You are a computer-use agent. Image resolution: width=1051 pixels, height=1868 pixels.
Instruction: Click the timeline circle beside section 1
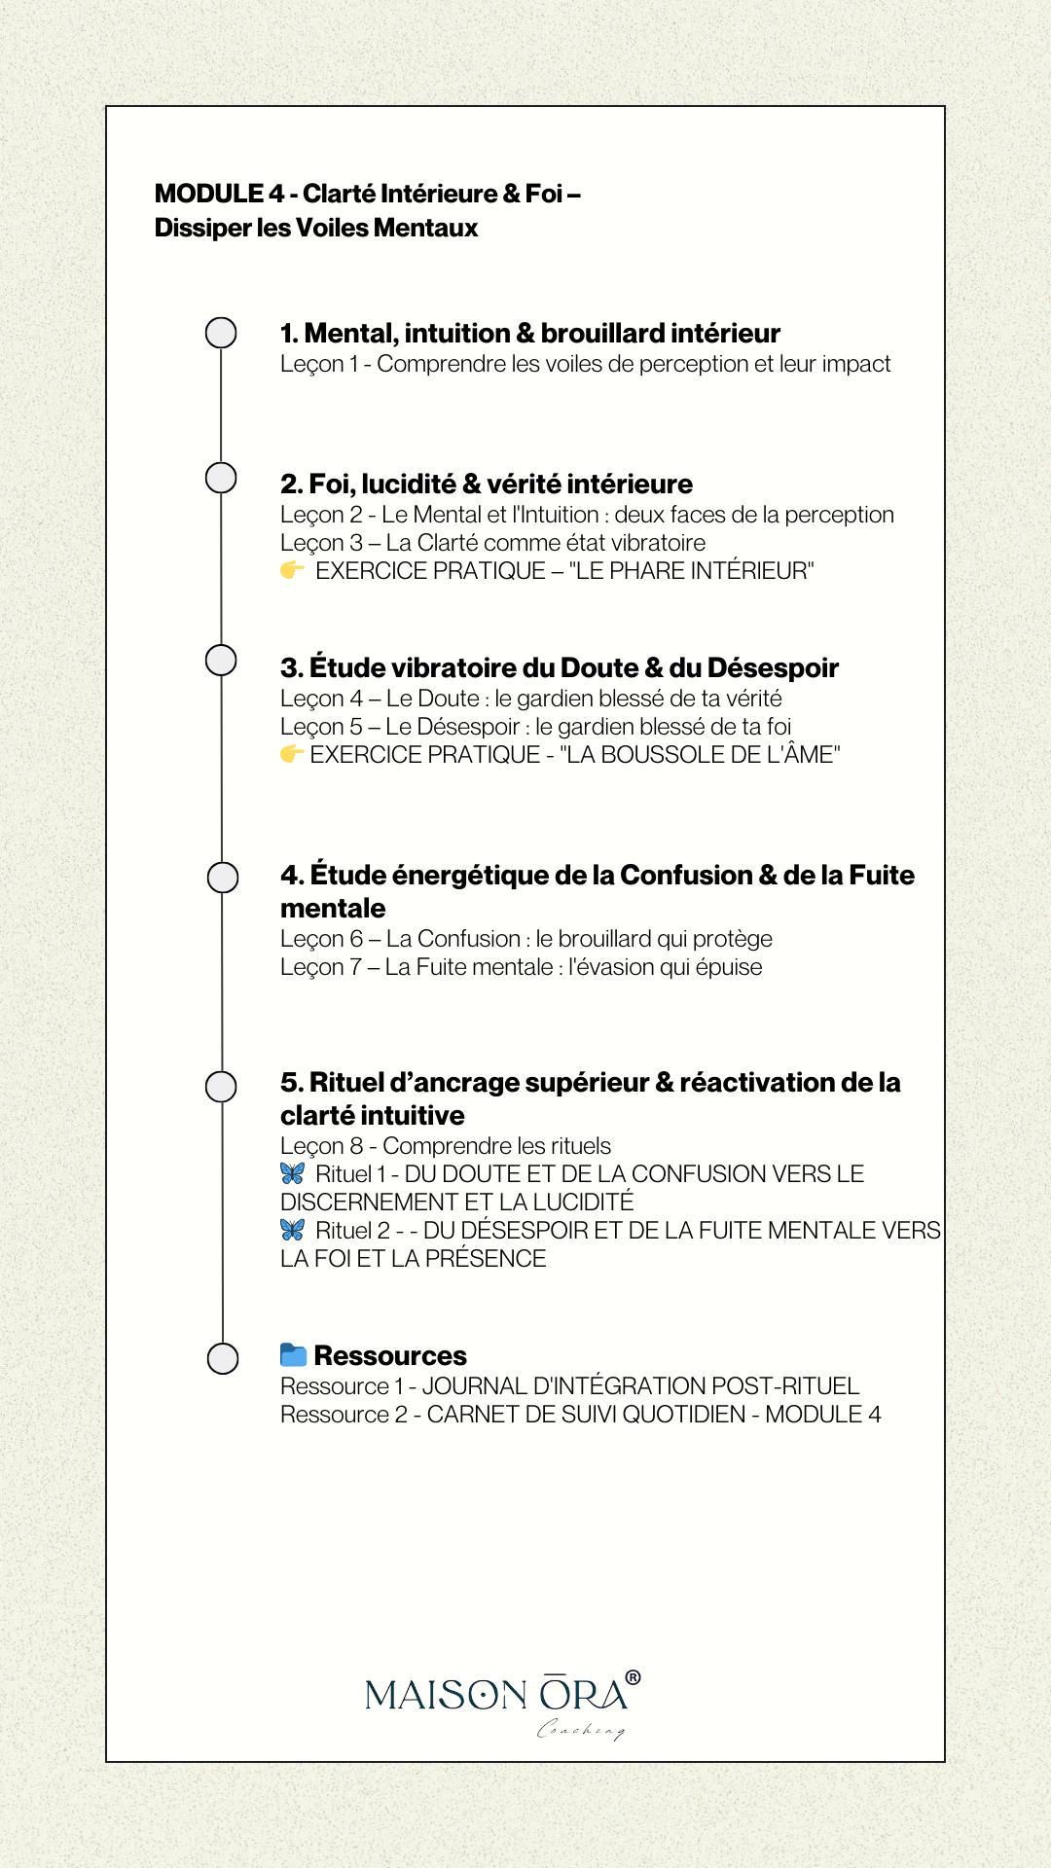click(221, 333)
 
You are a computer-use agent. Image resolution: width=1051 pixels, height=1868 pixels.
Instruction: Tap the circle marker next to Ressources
click(223, 1358)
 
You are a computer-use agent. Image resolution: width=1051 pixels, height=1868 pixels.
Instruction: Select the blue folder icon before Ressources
click(293, 1354)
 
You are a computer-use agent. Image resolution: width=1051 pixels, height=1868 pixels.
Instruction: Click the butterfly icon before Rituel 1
click(292, 1173)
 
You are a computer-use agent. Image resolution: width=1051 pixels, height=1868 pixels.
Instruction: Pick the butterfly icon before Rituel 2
click(292, 1230)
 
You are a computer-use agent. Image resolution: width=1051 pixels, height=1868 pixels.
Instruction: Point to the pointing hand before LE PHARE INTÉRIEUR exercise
click(292, 570)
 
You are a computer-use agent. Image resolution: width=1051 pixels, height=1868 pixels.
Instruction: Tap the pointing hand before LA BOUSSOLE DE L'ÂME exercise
click(291, 754)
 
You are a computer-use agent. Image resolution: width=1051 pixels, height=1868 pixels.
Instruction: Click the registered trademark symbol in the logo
click(634, 1677)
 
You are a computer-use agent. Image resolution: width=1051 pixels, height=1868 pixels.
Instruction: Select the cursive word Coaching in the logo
click(581, 1729)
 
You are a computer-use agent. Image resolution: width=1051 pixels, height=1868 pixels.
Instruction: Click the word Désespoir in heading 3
click(773, 668)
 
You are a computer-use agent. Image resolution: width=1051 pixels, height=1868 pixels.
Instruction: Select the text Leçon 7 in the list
click(321, 967)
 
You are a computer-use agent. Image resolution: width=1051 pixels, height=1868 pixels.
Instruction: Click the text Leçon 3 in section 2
click(321, 543)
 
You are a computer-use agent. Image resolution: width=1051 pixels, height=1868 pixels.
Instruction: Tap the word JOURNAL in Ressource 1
click(470, 1386)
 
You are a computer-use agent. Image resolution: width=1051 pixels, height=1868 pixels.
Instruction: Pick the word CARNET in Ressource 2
click(472, 1415)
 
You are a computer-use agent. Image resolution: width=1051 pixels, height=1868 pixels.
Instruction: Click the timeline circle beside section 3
click(221, 660)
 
